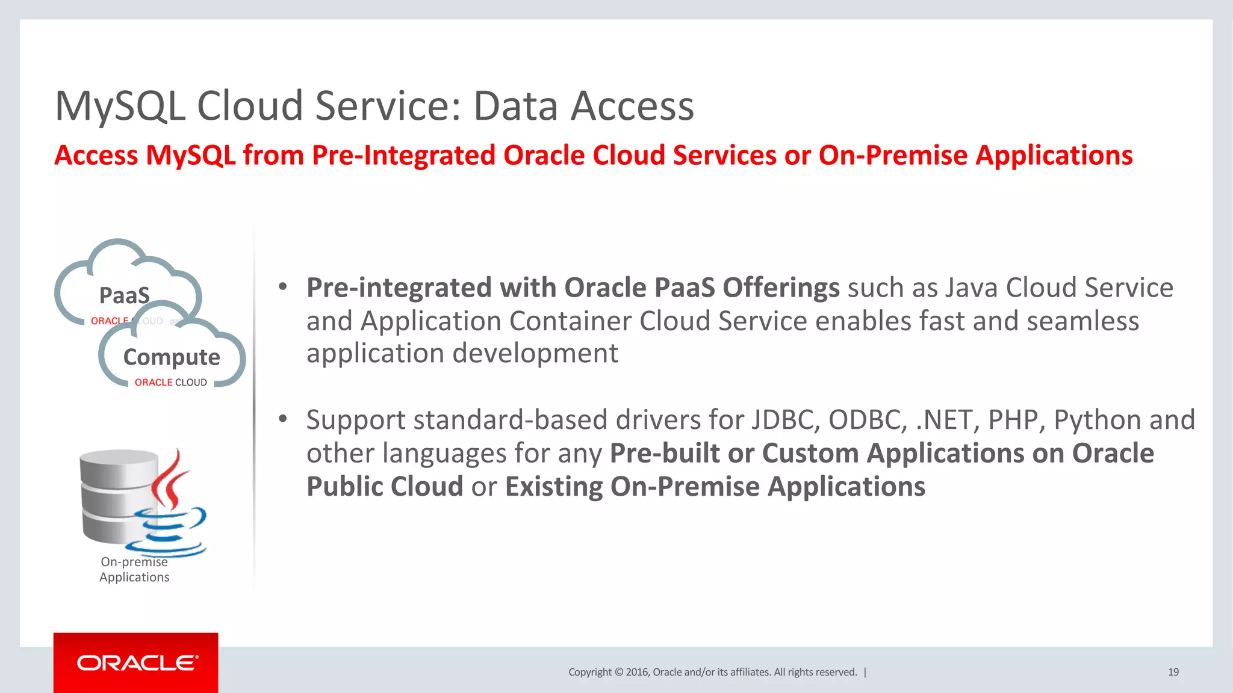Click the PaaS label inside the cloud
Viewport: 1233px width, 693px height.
[124, 295]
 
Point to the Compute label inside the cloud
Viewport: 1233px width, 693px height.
[172, 357]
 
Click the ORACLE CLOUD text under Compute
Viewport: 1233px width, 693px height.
[170, 383]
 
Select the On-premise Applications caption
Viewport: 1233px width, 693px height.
[134, 569]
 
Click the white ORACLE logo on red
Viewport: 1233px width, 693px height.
[137, 663]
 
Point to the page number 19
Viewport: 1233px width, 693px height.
[1173, 672]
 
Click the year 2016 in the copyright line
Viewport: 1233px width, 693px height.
[636, 672]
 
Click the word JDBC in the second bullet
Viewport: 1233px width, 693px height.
[785, 420]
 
